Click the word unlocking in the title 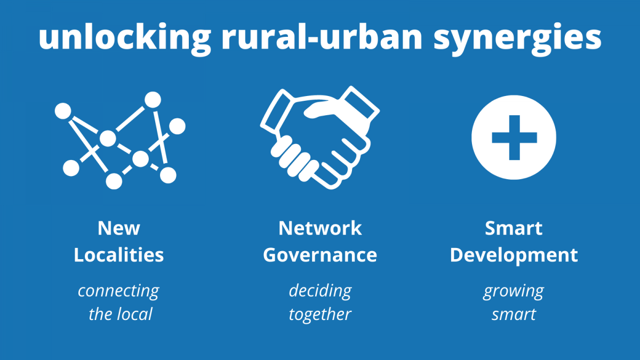point(125,38)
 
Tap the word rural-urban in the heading point(322,36)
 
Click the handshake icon point(320,138)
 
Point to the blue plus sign point(514,138)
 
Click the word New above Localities point(119,228)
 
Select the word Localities point(119,254)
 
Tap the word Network point(320,228)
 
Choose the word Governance point(320,255)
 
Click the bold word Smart point(514,228)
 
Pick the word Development point(514,255)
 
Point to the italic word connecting point(118,291)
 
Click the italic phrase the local point(121,314)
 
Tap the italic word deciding point(321,291)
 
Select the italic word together point(320,315)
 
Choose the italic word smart point(514,315)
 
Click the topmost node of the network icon point(153,100)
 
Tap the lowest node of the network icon point(114,181)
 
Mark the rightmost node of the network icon point(177,126)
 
